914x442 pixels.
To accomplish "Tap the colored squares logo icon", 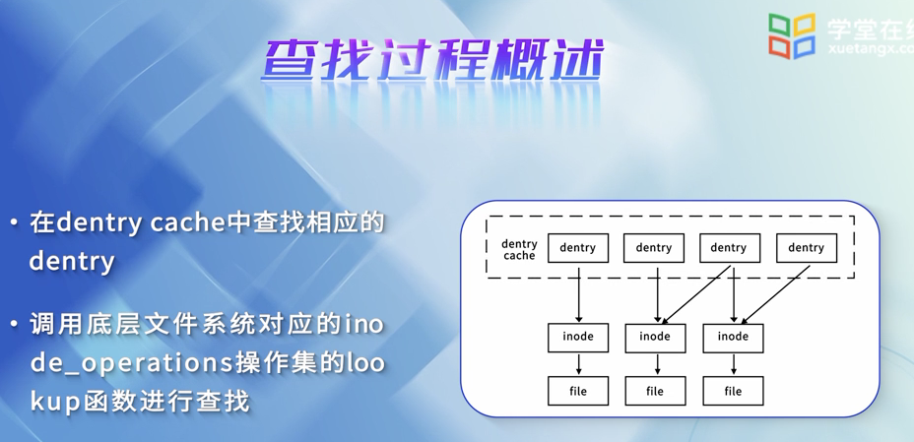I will pos(792,36).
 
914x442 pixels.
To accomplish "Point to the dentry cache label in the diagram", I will pos(519,250).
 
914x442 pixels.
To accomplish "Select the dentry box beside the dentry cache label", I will pos(578,248).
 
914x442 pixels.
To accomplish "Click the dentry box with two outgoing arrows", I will pos(729,248).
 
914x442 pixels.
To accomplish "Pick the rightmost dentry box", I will pos(807,248).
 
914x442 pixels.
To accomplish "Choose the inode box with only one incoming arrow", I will pos(578,337).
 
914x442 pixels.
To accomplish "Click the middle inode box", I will pos(655,337).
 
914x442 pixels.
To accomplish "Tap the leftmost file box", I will pos(578,391).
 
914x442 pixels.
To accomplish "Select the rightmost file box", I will pos(733,391).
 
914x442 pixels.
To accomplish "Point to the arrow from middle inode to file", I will pos(657,363).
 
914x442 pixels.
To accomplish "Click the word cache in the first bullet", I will pos(188,222).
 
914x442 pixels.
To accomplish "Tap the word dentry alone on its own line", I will pos(71,262).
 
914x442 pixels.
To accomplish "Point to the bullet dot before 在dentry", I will pos(14,223).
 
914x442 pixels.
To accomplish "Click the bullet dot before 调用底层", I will pos(14,324).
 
